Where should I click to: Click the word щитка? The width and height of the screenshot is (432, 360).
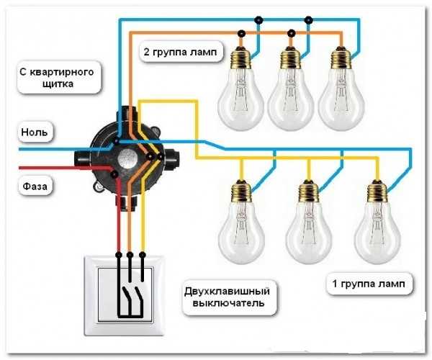58,84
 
